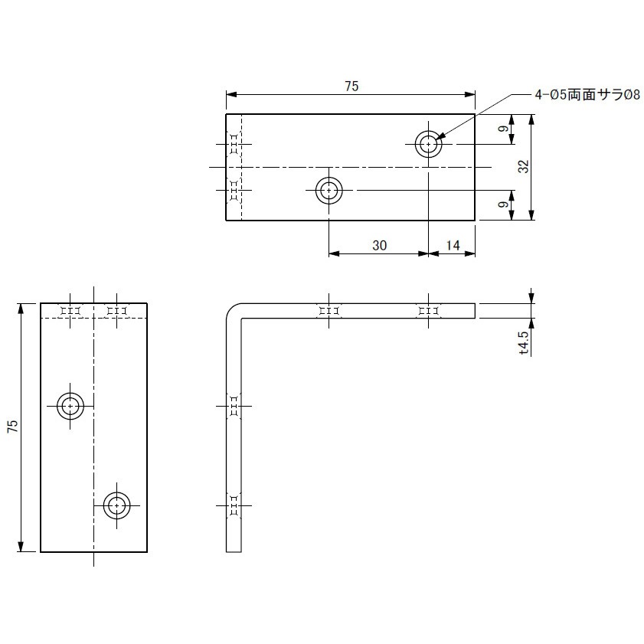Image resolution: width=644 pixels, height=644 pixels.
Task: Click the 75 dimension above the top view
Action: [x=351, y=87]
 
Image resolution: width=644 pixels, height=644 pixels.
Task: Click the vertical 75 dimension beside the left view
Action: [x=13, y=426]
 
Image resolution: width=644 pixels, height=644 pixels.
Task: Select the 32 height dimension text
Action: [x=524, y=166]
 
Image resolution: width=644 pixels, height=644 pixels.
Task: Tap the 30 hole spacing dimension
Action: [x=380, y=246]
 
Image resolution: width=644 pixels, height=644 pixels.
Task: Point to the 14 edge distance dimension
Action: [x=453, y=246]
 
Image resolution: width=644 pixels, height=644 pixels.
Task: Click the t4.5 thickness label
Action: [x=524, y=343]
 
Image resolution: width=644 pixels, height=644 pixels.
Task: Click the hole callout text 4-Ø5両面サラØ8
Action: [x=587, y=95]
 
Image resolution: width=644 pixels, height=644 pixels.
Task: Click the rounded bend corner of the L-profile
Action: [x=230, y=309]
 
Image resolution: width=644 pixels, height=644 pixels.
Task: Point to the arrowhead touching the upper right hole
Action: [x=440, y=137]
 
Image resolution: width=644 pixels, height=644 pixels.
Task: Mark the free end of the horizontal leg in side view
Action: [x=475, y=311]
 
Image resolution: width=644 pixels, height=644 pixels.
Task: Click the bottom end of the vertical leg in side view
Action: [x=234, y=551]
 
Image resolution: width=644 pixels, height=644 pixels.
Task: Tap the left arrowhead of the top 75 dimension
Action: [x=232, y=95]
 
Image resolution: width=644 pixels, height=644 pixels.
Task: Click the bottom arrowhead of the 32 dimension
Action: [x=531, y=215]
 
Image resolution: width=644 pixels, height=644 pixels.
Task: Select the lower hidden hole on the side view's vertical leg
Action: [x=234, y=505]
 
